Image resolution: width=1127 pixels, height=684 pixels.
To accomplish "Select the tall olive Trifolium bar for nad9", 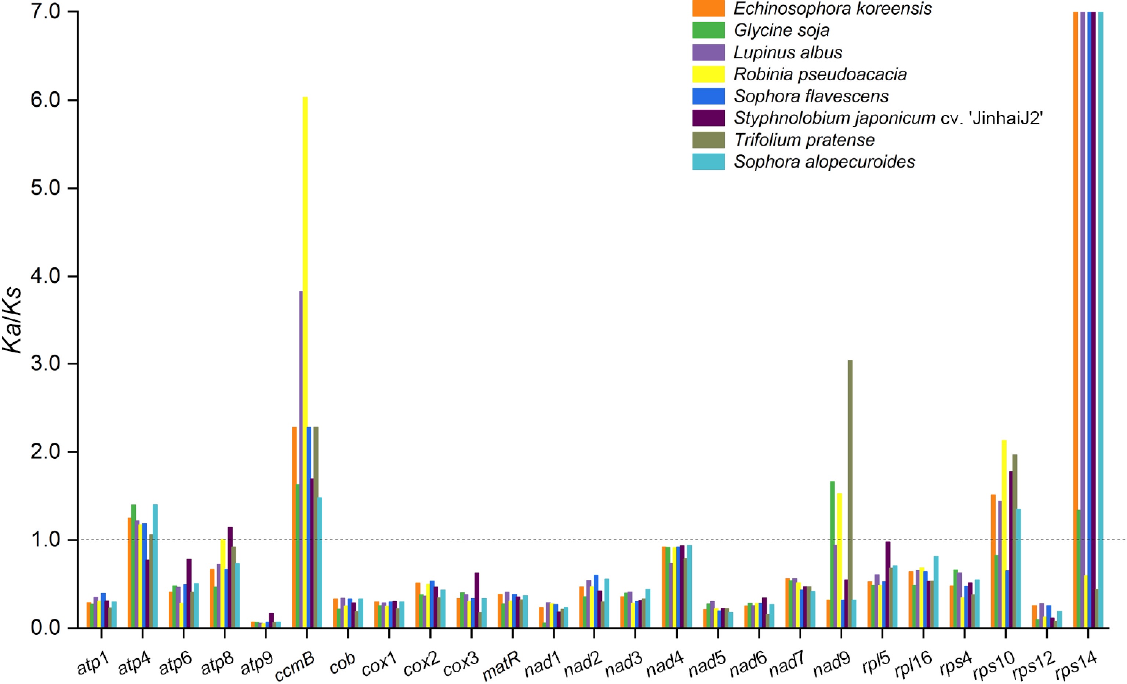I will pos(850,494).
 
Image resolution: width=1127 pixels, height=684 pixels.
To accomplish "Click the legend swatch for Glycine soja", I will pos(708,30).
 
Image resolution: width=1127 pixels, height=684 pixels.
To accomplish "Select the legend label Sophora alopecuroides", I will pos(824,162).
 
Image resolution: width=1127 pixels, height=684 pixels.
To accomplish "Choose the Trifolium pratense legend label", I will pos(804,140).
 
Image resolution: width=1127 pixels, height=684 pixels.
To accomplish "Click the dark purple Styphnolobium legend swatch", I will pos(708,118).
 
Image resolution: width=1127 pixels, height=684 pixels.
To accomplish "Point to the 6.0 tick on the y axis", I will pos(46,100).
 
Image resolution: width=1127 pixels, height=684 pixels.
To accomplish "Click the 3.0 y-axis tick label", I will pos(46,364).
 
